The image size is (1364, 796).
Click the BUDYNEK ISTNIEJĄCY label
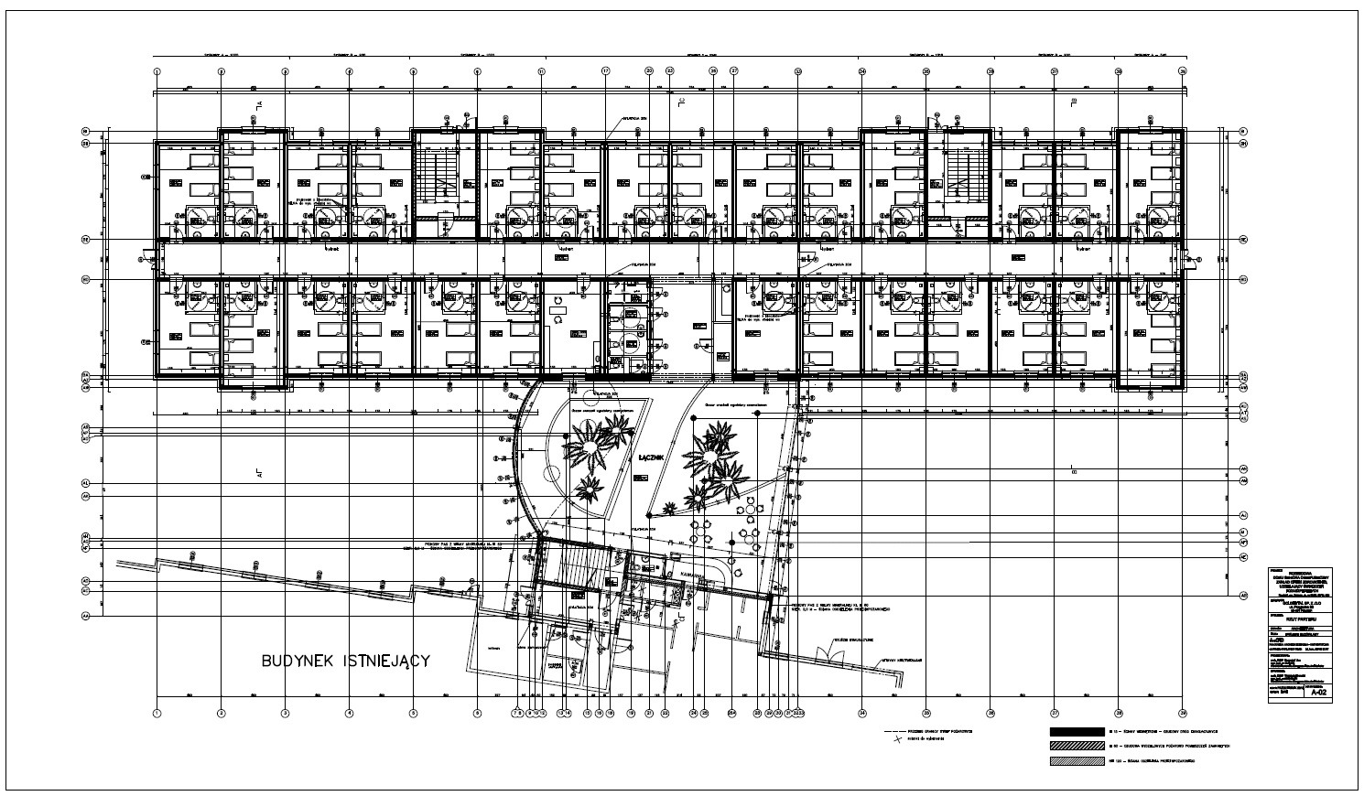pyautogui.click(x=345, y=660)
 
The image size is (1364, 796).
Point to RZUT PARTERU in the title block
pyautogui.click(x=1300, y=619)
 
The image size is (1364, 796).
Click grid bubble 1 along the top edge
pyautogui.click(x=157, y=70)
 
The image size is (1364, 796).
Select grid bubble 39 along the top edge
pyautogui.click(x=1183, y=70)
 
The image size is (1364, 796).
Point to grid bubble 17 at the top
pyautogui.click(x=605, y=70)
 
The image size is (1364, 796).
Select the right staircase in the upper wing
pyautogui.click(x=958, y=177)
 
